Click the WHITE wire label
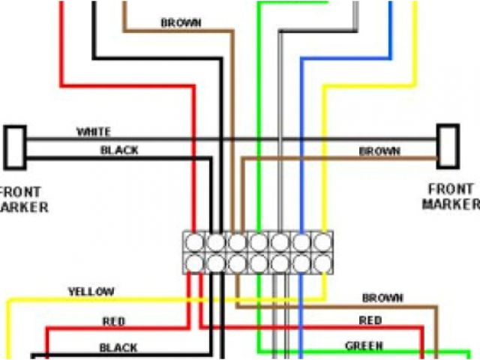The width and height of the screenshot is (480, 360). pos(94,132)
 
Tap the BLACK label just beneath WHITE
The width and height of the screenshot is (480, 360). pos(119,150)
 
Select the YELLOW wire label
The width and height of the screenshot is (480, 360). pos(91,291)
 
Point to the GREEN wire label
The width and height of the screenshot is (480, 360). pos(364,346)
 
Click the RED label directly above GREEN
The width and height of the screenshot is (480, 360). pos(370,320)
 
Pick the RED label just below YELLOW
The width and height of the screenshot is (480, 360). pos(114,322)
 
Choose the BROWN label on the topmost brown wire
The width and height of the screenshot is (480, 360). pos(181,23)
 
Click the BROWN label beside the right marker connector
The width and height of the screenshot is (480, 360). pos(379,151)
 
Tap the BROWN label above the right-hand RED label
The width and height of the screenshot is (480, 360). pos(382,298)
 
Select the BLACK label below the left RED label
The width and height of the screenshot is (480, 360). pos(118,347)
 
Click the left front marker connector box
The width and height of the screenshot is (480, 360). pos(15,146)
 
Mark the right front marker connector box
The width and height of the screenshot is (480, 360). pos(448,146)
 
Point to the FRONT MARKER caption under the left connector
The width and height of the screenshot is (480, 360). pos(22,199)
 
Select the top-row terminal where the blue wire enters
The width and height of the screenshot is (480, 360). pos(301,242)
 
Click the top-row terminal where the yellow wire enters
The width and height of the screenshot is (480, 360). pos(323,242)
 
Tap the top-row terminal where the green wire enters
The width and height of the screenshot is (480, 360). pos(259,242)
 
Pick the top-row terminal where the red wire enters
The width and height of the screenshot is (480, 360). pos(194,242)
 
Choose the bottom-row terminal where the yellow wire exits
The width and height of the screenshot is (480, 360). pos(323,263)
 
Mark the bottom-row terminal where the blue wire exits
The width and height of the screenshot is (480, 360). pos(301,263)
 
